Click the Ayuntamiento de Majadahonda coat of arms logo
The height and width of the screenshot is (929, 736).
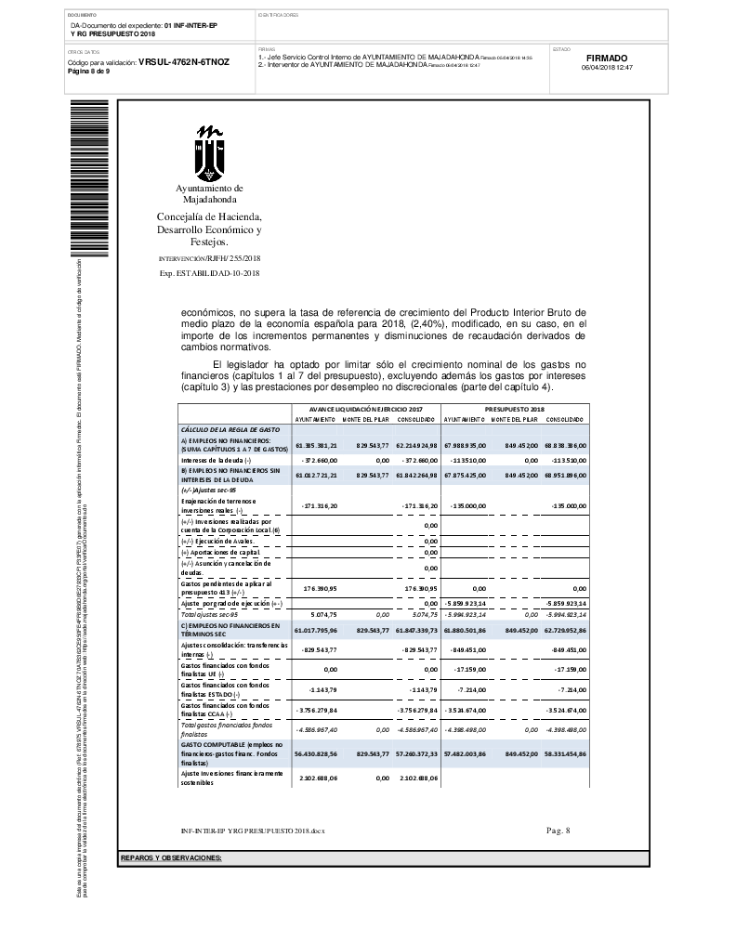(209, 152)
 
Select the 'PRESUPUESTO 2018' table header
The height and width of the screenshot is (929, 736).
(514, 409)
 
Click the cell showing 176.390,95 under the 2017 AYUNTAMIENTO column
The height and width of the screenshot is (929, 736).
(320, 563)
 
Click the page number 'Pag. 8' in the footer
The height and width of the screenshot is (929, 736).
(559, 830)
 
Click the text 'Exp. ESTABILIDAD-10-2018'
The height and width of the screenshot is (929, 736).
(209, 273)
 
